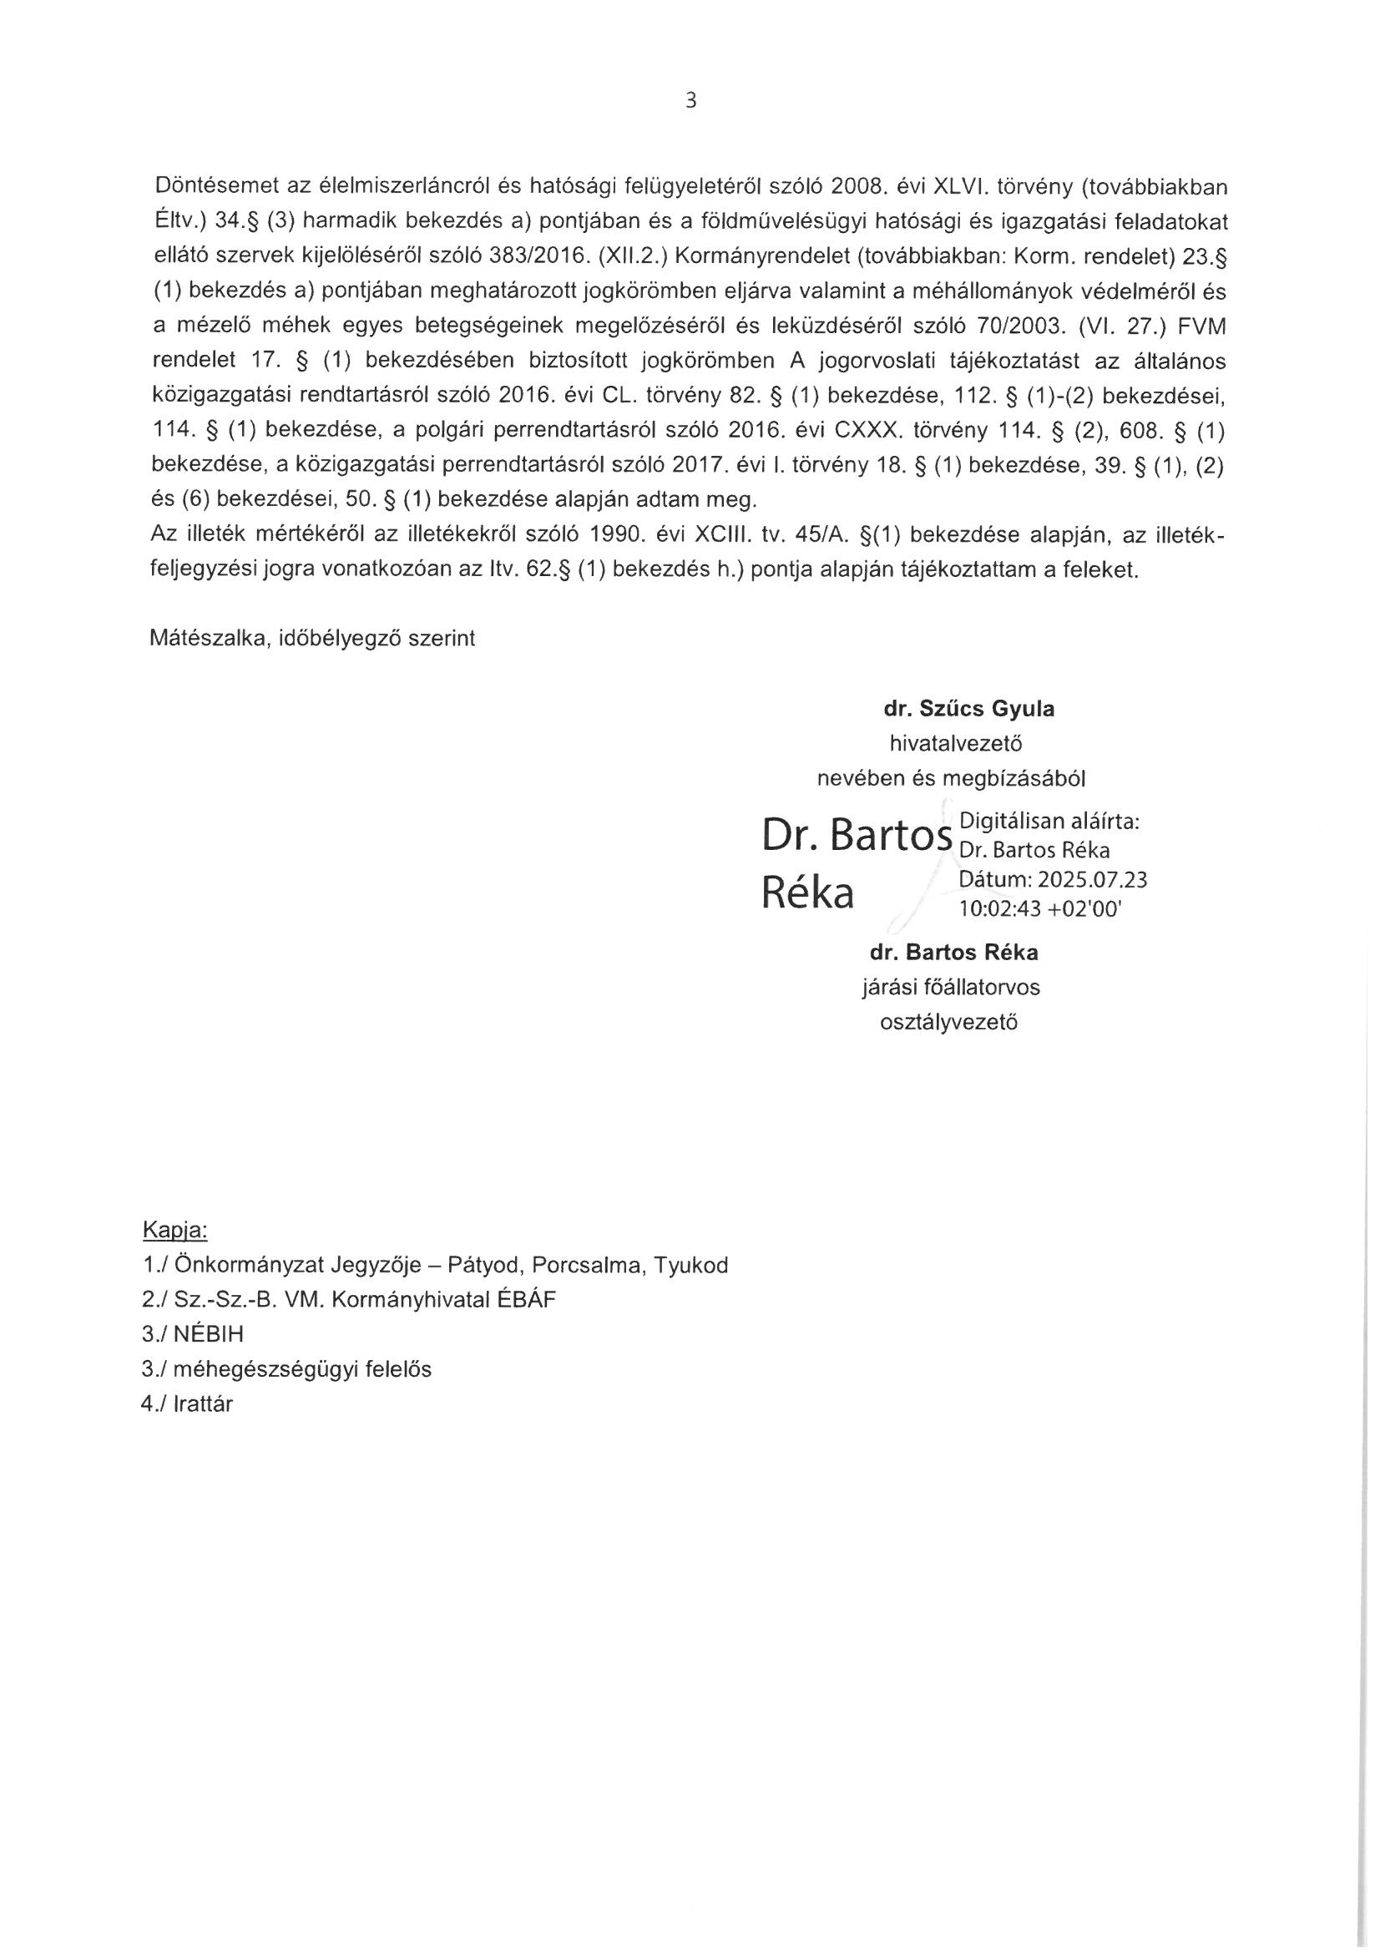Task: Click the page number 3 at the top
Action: (690, 101)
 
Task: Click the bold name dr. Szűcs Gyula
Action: (969, 709)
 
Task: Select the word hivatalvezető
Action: (956, 744)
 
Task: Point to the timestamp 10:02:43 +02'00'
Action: (1040, 909)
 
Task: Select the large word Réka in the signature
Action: (808, 893)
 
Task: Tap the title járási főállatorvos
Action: (951, 987)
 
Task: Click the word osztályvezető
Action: (949, 1022)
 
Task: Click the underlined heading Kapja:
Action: (175, 1230)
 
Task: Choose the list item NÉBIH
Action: (208, 1335)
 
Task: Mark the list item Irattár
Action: (202, 1404)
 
